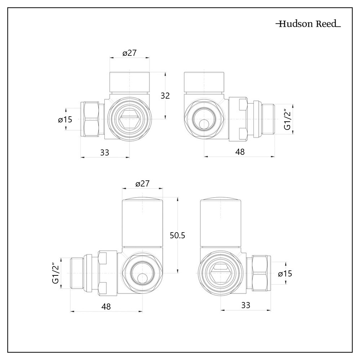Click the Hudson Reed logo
[x=308, y=24]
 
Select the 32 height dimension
[x=165, y=95]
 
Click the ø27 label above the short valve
[x=129, y=53]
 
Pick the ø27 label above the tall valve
[x=142, y=184]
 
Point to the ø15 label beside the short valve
[x=65, y=120]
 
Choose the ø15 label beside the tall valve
[x=285, y=274]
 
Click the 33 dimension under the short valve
[x=104, y=152]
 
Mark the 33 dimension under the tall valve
[x=246, y=306]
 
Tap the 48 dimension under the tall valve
[x=106, y=306]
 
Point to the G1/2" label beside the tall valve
[x=55, y=273]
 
